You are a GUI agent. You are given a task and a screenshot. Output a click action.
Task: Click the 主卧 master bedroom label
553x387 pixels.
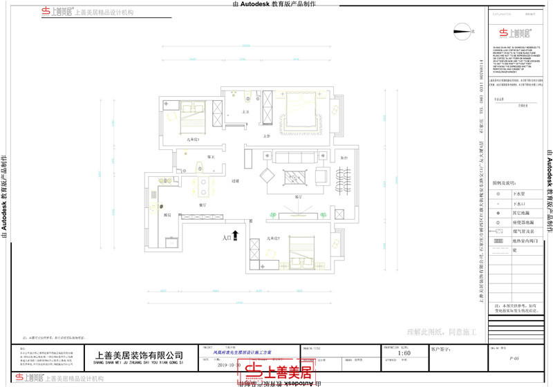pos(266,136)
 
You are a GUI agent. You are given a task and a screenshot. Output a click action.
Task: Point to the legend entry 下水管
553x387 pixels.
pos(519,195)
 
